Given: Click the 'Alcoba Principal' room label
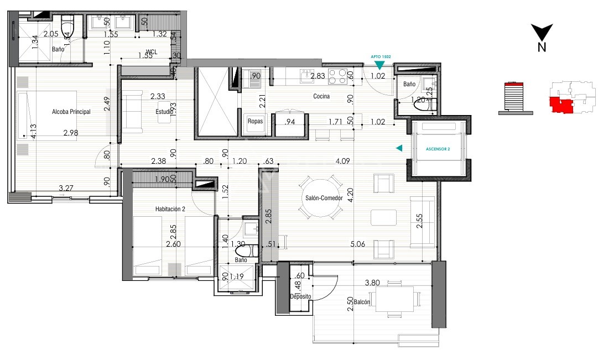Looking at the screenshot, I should [71, 112].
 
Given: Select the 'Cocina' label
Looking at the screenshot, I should [321, 96].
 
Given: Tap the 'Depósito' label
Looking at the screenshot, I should [301, 296].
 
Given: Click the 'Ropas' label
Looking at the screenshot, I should [255, 121].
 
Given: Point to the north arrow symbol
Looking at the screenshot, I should [542, 33].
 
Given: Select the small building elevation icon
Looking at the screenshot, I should [515, 98].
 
